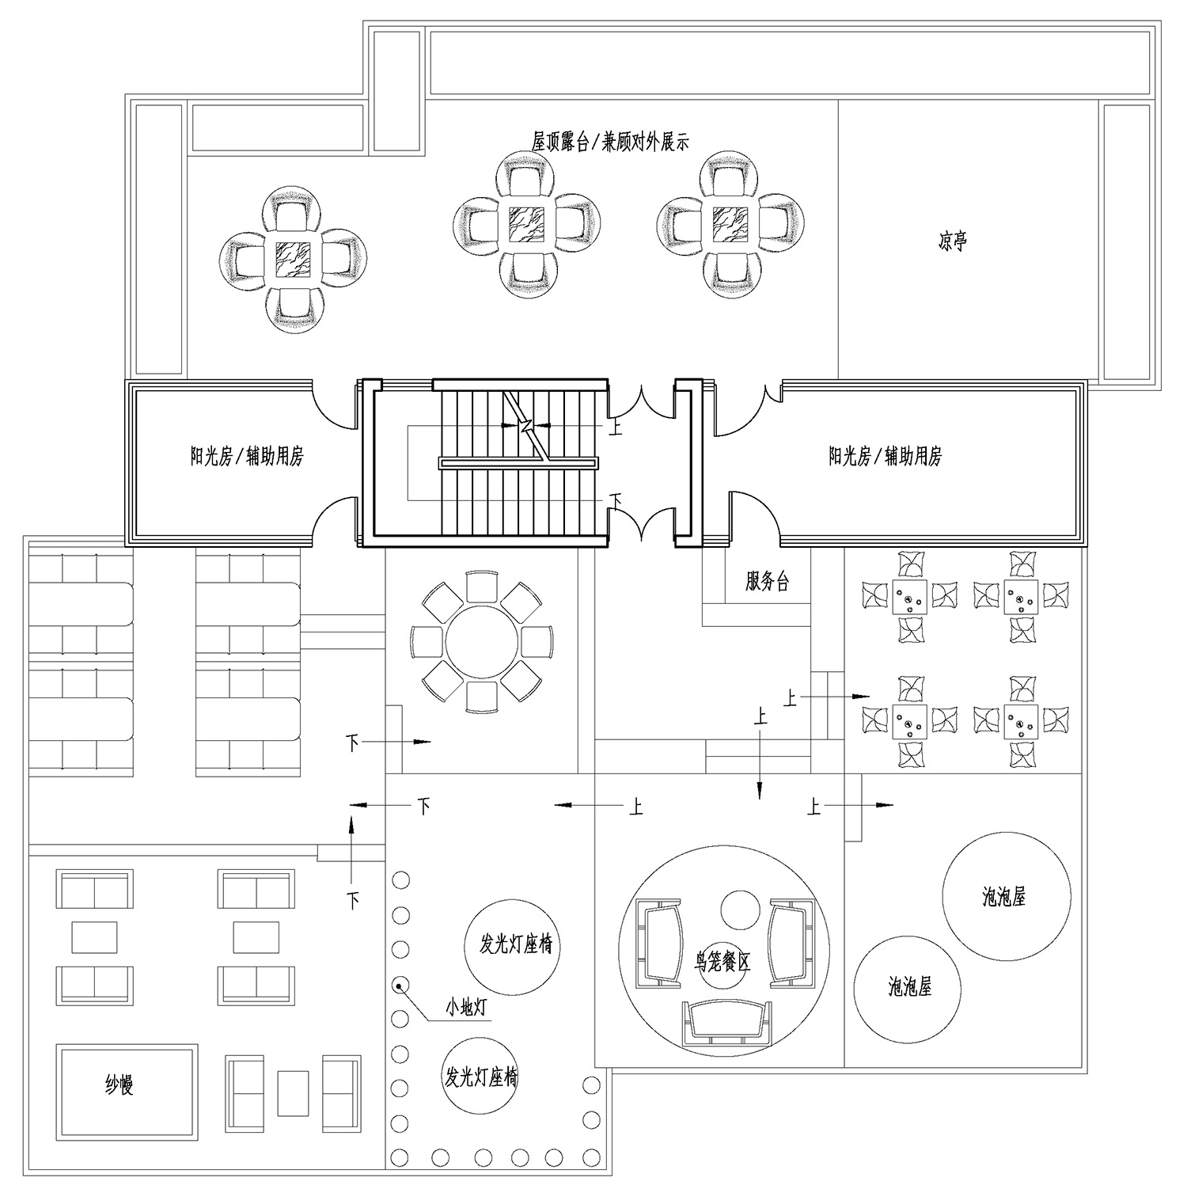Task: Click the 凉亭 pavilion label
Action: point(952,241)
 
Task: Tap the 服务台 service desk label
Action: point(767,582)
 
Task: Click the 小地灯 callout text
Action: point(465,1008)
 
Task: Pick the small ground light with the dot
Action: point(400,986)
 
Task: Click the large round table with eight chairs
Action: point(482,640)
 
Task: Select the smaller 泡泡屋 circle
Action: point(908,987)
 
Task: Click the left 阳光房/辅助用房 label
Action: point(247,456)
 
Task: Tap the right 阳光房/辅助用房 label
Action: point(886,456)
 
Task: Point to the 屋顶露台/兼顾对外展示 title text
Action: point(610,142)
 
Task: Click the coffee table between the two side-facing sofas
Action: point(293,1093)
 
